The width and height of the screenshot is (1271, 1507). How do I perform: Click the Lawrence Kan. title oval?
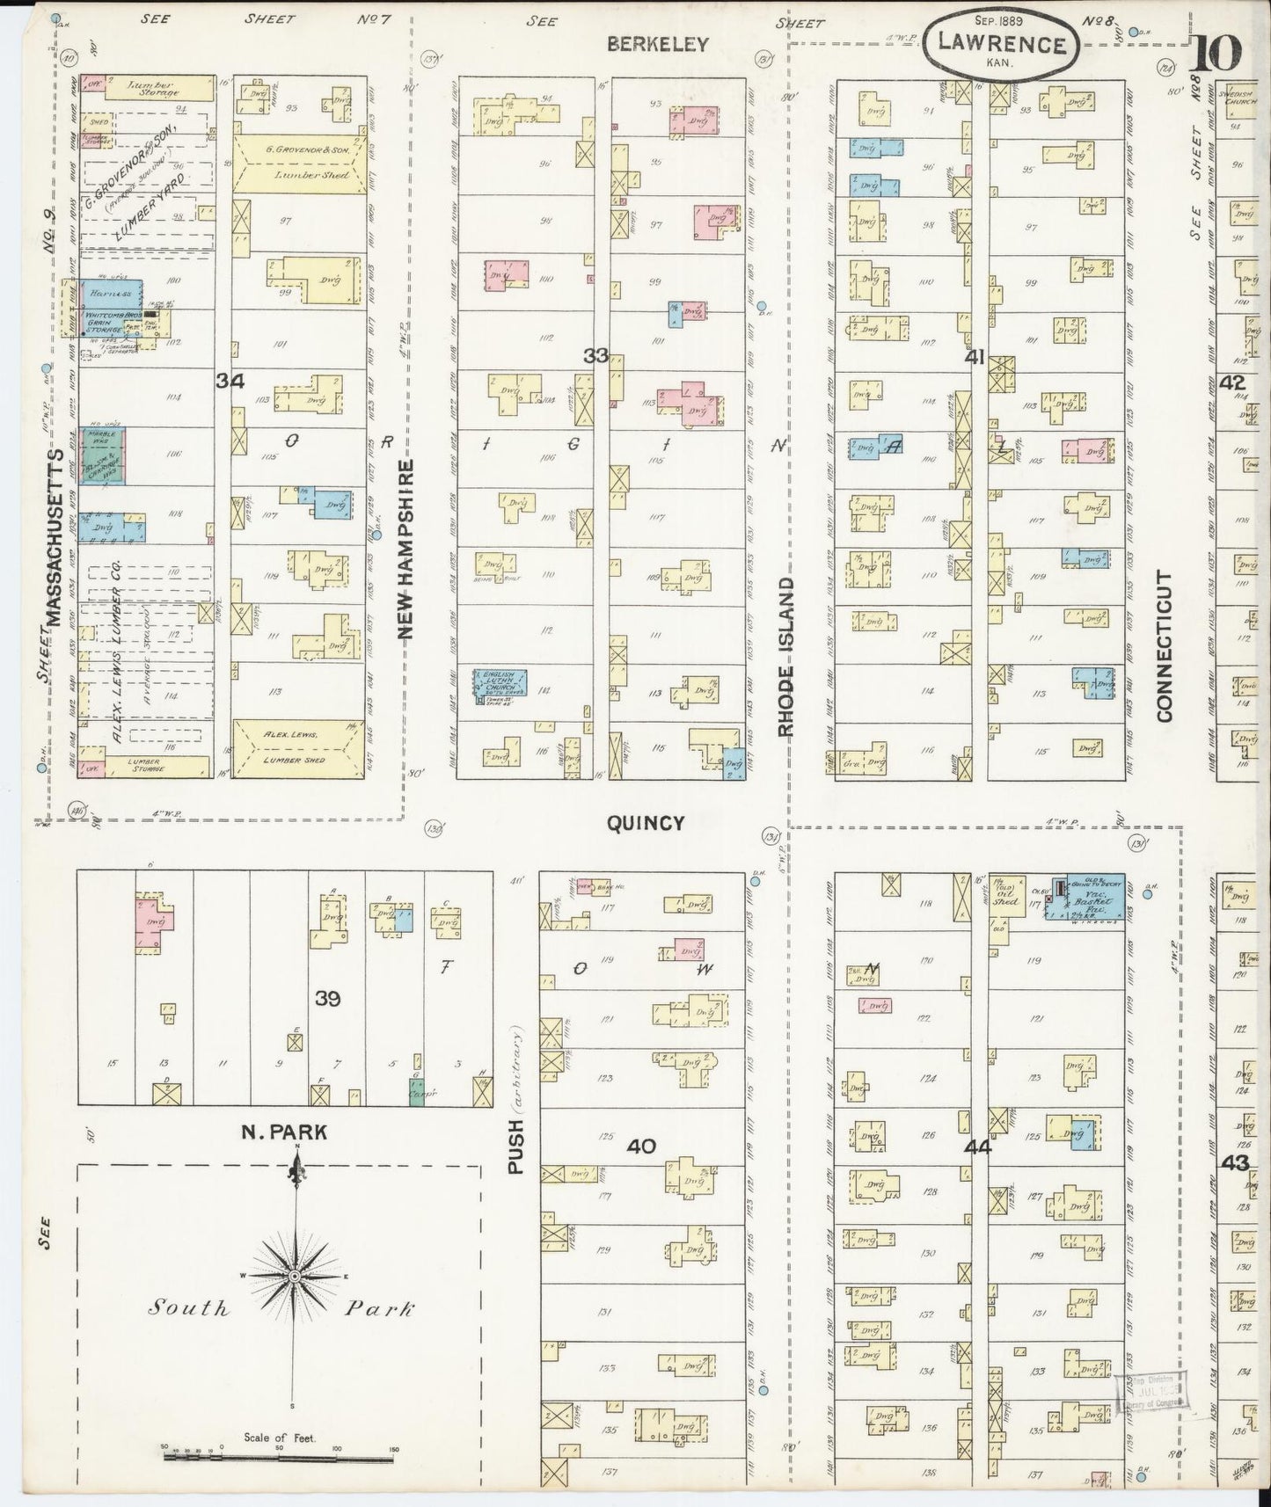[x=1000, y=43]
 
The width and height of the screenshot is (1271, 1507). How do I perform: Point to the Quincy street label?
[x=646, y=823]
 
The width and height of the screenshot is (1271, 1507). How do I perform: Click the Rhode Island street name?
[x=785, y=656]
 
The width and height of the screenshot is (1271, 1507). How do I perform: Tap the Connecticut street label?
[x=1165, y=646]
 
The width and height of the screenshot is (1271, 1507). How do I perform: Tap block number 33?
[x=595, y=356]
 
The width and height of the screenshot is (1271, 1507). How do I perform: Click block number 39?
[x=327, y=998]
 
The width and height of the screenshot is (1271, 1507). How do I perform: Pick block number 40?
[x=642, y=1146]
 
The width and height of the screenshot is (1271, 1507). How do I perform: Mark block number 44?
[x=976, y=1147]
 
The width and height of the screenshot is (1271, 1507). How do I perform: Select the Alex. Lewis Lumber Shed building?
[x=298, y=747]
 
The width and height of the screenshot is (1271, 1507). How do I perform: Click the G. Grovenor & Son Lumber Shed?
[x=298, y=164]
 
